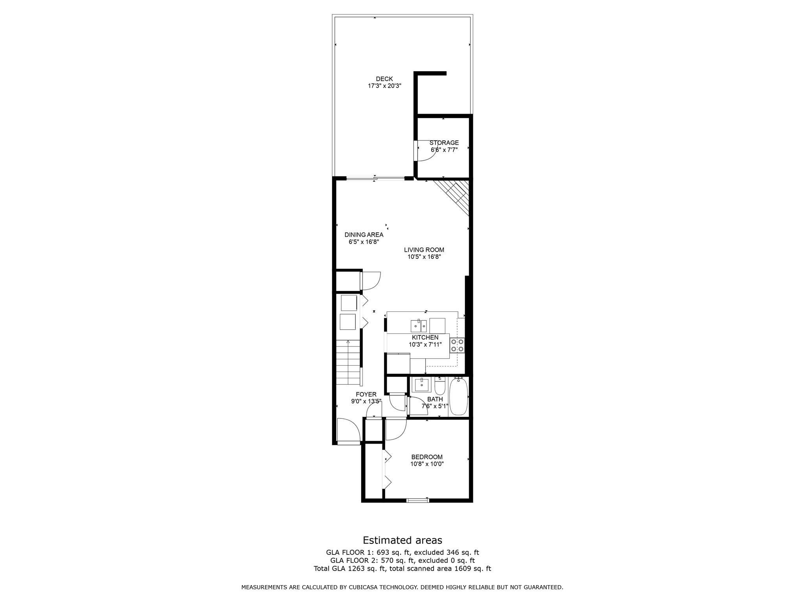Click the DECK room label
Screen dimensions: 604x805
point(384,79)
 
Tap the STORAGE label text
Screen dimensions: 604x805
point(444,143)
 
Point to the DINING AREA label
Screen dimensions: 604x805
point(364,235)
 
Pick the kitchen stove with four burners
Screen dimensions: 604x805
point(457,345)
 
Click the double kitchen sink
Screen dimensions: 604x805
point(419,326)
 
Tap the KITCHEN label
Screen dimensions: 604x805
point(425,337)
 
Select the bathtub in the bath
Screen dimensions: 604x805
point(458,397)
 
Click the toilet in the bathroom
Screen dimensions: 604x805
point(439,386)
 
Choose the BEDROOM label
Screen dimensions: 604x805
point(426,457)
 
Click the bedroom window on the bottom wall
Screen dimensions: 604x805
point(417,500)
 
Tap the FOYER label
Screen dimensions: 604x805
point(366,394)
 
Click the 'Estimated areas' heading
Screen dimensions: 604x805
point(402,540)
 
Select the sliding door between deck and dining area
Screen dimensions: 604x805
point(375,179)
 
